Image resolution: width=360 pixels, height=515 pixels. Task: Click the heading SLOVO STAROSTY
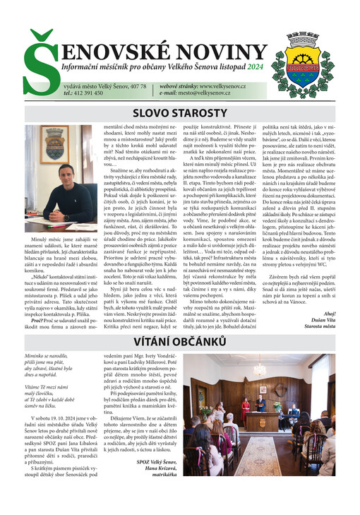point(180,113)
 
